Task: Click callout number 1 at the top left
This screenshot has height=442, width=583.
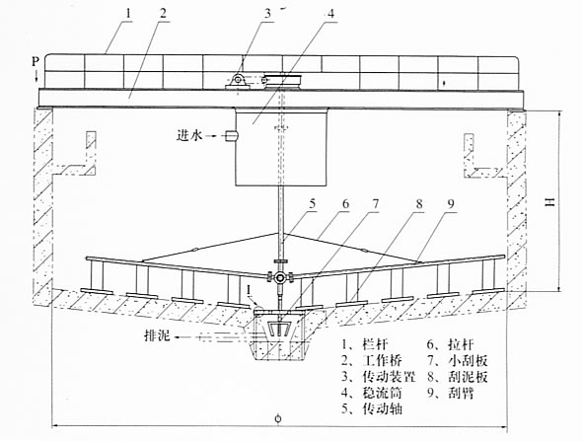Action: (x=128, y=14)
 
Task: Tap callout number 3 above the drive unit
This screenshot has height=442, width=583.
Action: (x=268, y=14)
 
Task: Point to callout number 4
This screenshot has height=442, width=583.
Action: (x=330, y=14)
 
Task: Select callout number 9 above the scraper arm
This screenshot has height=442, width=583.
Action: (x=451, y=203)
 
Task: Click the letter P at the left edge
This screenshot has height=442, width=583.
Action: (x=36, y=61)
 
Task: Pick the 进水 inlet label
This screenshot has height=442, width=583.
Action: (x=189, y=135)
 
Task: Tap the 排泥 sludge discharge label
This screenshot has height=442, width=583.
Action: (x=157, y=335)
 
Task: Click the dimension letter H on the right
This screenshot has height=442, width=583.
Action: (x=549, y=202)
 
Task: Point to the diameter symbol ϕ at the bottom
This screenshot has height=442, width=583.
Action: (x=278, y=418)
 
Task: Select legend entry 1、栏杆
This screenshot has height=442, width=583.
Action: (x=364, y=344)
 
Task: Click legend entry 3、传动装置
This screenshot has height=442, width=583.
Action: (x=379, y=377)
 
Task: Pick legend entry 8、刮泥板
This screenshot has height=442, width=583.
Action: (x=458, y=377)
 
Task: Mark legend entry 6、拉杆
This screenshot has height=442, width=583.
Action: (x=450, y=344)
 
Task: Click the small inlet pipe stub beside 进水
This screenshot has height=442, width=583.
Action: (x=231, y=136)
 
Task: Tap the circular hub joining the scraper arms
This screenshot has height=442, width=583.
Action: (x=279, y=277)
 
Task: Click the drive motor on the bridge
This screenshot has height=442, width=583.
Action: (x=237, y=81)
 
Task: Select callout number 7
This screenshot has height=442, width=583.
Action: (x=376, y=203)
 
